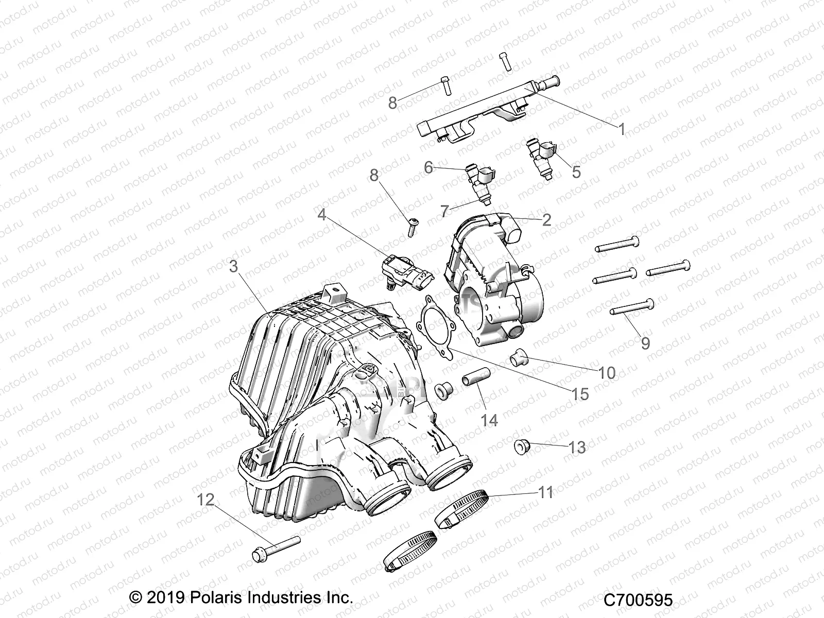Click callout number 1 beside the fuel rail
click(622, 129)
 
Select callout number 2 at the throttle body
click(546, 220)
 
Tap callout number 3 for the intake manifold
click(233, 267)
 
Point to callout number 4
click(322, 214)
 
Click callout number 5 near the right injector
click(576, 171)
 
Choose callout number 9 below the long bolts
click(645, 342)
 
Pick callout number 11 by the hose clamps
click(545, 492)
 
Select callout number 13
click(577, 448)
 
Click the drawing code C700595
click(638, 600)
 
